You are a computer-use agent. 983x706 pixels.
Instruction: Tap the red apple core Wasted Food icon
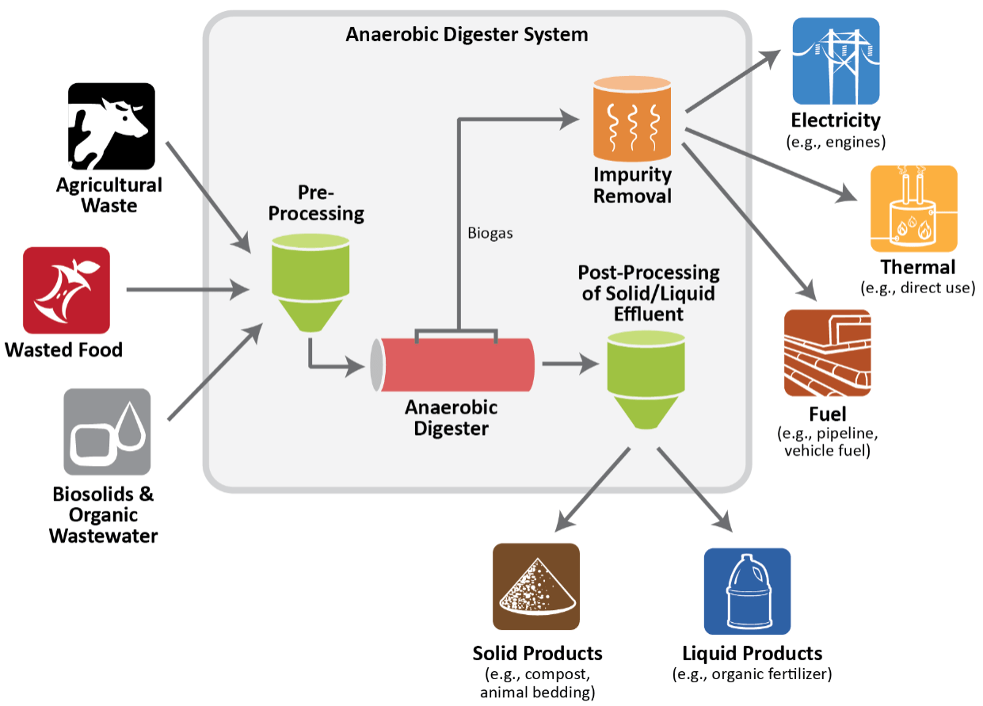66,290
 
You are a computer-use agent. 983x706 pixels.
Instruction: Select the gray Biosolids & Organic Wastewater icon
107,431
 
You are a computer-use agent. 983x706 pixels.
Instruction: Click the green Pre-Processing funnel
310,281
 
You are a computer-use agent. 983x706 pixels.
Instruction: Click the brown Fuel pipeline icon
827,353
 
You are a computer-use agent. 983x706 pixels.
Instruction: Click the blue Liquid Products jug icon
747,591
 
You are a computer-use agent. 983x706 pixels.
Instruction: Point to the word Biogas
490,235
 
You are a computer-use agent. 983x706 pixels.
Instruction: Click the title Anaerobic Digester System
467,35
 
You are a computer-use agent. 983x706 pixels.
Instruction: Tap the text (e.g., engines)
835,143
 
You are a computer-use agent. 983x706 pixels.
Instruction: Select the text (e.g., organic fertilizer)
752,674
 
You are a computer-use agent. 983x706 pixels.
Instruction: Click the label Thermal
918,266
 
